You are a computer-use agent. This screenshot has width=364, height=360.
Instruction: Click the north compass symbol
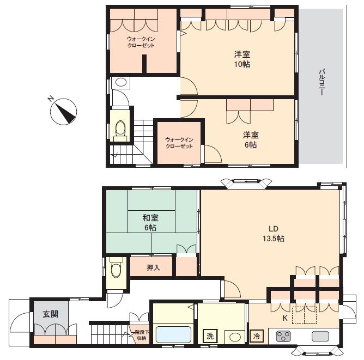click(63, 111)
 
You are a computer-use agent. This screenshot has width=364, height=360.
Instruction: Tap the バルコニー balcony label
click(321, 82)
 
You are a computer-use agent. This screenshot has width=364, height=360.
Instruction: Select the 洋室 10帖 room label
click(242, 59)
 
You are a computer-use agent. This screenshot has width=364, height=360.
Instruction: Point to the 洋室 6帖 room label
click(251, 139)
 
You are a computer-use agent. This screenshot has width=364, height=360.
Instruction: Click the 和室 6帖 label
click(150, 223)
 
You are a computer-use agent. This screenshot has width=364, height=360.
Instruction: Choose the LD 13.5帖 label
click(274, 234)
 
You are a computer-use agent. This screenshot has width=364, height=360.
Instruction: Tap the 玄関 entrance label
click(50, 314)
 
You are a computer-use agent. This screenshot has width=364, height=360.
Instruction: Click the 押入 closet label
click(153, 267)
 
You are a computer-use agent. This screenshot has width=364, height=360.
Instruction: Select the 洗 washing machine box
click(210, 336)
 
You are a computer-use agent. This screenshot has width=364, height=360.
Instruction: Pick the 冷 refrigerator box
click(257, 336)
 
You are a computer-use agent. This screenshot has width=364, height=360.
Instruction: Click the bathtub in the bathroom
click(173, 334)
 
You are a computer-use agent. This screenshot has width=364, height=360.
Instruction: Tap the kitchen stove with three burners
click(283, 336)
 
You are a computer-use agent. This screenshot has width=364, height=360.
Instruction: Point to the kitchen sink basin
click(320, 336)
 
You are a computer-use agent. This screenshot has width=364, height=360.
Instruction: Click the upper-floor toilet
click(120, 131)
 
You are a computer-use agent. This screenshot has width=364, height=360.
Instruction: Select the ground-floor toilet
click(116, 269)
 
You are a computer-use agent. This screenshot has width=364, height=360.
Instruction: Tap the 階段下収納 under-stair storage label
click(141, 335)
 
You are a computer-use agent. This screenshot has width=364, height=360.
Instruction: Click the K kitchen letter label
click(285, 318)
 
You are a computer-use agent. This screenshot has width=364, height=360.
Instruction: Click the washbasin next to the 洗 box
click(234, 337)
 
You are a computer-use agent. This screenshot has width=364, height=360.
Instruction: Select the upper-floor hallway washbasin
click(121, 82)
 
